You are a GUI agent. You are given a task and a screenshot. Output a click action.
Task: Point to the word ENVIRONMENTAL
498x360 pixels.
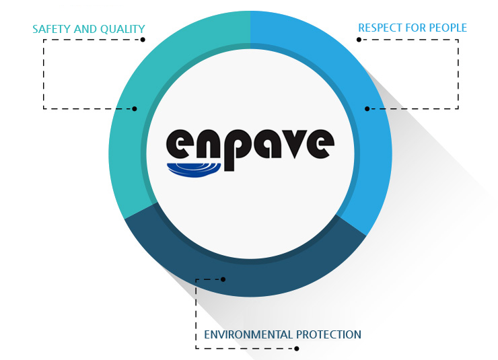[248, 334]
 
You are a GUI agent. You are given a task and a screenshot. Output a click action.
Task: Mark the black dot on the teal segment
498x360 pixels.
[135, 108]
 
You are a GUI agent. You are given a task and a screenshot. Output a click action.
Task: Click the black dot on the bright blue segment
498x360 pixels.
[367, 108]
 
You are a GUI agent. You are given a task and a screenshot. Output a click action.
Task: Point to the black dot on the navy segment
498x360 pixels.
[223, 279]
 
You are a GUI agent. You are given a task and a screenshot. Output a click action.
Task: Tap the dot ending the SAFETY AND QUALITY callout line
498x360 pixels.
[143, 40]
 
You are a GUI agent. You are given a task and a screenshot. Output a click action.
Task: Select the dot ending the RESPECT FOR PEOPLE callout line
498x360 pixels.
[359, 40]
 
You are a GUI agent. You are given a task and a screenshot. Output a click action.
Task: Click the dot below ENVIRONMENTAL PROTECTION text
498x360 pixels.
[297, 348]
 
